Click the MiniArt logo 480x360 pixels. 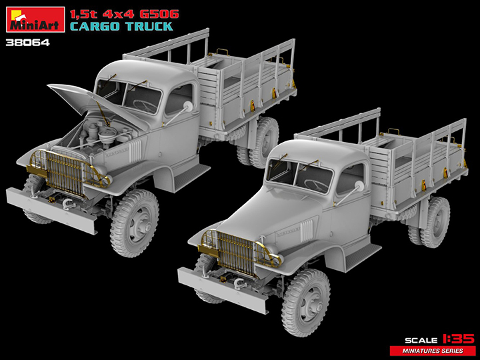click(x=34, y=19)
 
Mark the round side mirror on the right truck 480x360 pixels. click(x=360, y=186)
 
